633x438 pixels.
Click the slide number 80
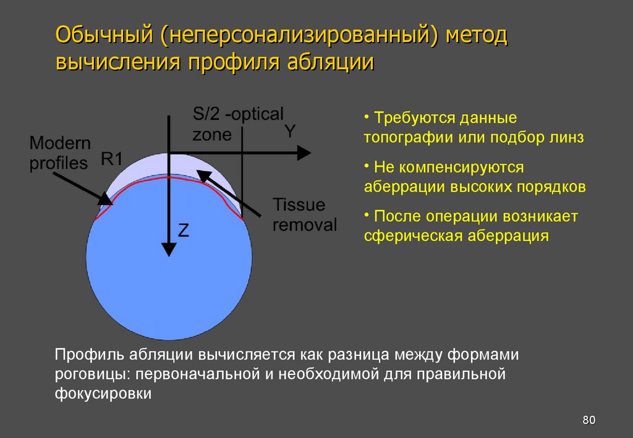coord(588,421)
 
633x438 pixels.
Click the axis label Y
coord(290,132)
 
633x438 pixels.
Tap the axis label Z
coord(184,230)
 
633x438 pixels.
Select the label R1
coord(112,159)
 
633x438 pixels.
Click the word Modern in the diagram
coord(60,143)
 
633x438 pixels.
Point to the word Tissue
coord(299,204)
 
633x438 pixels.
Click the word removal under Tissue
coord(305,224)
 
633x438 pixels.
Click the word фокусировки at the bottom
coord(103,394)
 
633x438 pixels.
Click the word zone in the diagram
coord(212,134)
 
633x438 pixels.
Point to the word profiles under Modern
coord(59,163)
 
